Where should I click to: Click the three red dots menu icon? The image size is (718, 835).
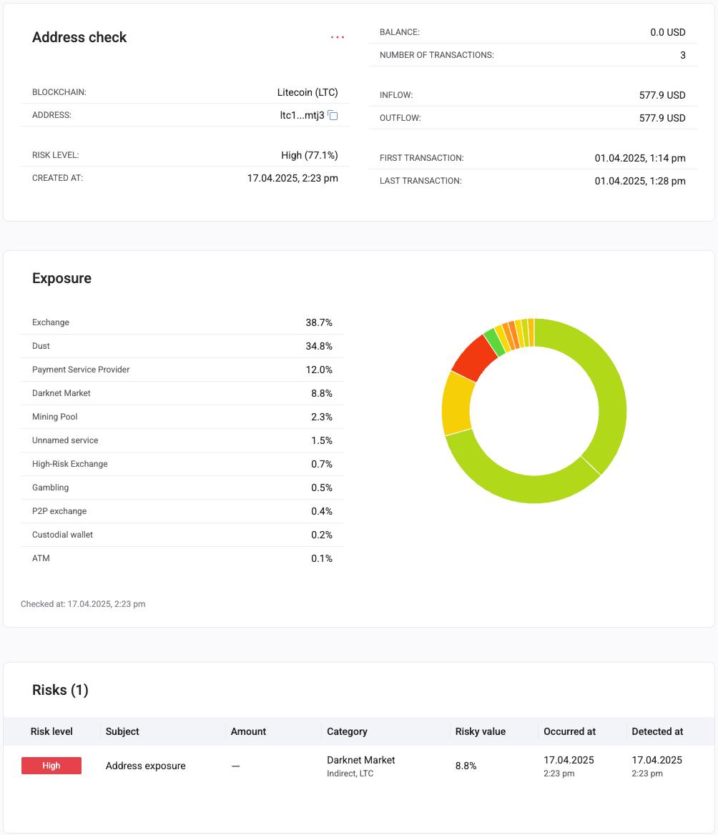pos(338,38)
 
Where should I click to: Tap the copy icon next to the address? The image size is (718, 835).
pos(333,115)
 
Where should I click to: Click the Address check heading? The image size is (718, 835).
pos(79,38)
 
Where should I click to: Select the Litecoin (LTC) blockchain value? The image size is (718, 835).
pos(308,92)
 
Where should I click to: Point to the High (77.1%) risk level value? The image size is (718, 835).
pos(309,155)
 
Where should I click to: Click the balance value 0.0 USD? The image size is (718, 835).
pos(667,32)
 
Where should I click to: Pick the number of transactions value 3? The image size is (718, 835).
pos(682,55)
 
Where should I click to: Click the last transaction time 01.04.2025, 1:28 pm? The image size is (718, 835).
pos(639,181)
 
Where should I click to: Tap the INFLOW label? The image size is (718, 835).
pos(396,95)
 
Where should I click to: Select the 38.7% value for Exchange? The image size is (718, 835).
pos(319,322)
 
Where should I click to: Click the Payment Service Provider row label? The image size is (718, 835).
pos(81,370)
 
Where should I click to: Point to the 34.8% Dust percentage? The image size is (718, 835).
pos(319,346)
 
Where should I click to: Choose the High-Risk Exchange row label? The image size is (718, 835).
pos(70,464)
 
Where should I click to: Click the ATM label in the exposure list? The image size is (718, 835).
pos(41,558)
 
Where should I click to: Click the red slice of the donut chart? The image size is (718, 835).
pos(473,357)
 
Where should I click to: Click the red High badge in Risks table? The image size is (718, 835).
pos(51,766)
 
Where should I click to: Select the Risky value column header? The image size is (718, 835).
pos(481,731)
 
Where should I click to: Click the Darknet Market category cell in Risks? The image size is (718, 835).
pos(360,760)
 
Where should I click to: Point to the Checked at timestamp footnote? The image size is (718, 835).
pos(83,604)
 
